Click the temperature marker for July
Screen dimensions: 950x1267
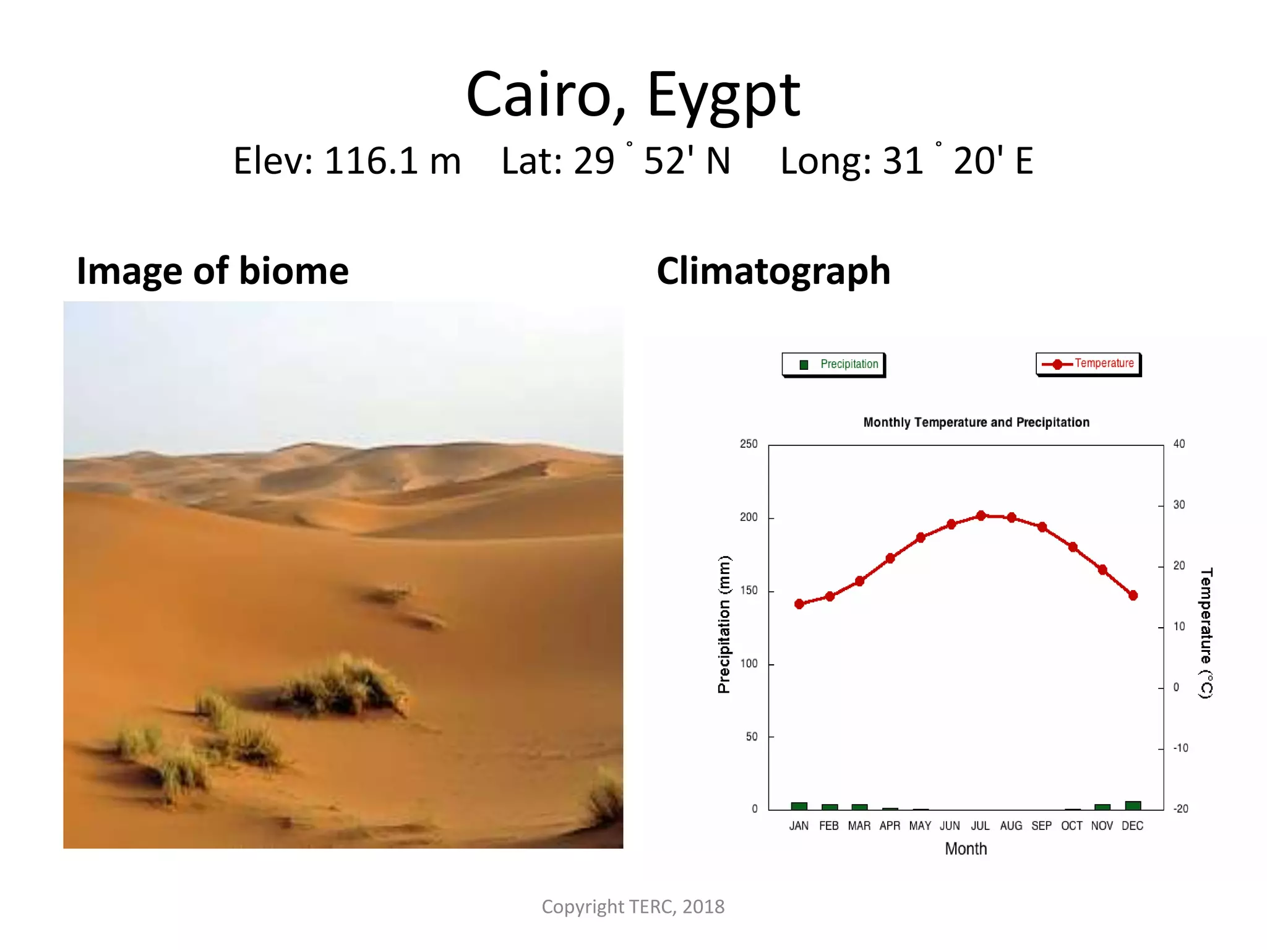click(x=981, y=515)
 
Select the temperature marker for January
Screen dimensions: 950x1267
click(x=799, y=604)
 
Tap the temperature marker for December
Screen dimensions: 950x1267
click(x=1133, y=595)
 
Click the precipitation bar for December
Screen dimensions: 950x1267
click(x=1133, y=805)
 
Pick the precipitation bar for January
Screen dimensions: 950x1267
click(x=799, y=806)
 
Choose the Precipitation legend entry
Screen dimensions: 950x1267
click(x=833, y=364)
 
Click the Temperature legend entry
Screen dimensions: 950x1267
click(x=1088, y=364)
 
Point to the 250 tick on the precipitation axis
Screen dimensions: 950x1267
click(x=749, y=444)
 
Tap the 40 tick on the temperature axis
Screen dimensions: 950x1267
click(x=1179, y=444)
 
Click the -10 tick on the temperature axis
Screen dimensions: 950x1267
click(x=1180, y=748)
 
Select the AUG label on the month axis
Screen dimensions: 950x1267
click(x=1011, y=826)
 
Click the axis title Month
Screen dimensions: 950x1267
click(x=965, y=849)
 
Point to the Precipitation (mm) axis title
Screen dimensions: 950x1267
click(x=724, y=624)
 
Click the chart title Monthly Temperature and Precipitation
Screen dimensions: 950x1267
click(x=976, y=422)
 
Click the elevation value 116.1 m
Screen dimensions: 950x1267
click(x=392, y=161)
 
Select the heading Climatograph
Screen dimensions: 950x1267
click(x=773, y=271)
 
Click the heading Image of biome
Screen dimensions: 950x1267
click(x=212, y=271)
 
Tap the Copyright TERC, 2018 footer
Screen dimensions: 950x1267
click(x=633, y=906)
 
